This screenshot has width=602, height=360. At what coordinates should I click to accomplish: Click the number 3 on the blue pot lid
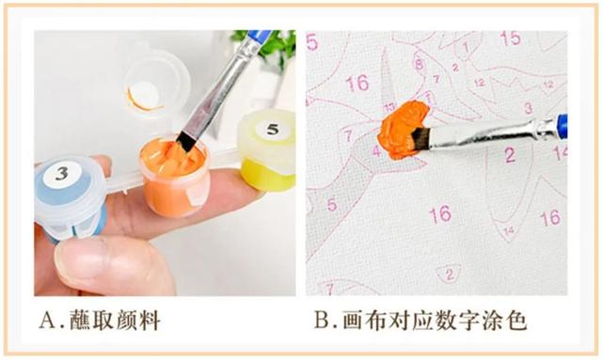[62, 174]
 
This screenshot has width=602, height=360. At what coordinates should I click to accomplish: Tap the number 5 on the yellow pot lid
[273, 129]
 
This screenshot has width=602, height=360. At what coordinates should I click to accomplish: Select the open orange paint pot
[175, 177]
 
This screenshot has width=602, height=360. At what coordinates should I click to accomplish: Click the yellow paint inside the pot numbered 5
[268, 175]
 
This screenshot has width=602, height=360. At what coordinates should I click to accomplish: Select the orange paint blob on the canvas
[402, 130]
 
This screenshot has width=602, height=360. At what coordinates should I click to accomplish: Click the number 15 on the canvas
[511, 39]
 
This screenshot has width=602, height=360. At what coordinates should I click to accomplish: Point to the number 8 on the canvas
[420, 63]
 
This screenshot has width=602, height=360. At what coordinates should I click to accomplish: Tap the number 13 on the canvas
[388, 107]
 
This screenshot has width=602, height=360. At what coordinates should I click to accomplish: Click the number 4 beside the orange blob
[376, 150]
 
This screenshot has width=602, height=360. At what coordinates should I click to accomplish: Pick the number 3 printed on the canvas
[529, 108]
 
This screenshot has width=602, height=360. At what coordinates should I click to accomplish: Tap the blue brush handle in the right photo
[561, 122]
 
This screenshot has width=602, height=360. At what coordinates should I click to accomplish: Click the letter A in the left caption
[48, 320]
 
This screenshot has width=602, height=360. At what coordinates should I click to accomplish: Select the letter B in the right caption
[322, 320]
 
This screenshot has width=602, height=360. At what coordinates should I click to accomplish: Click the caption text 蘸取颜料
[115, 320]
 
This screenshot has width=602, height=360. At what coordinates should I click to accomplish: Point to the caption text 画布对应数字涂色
[434, 320]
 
